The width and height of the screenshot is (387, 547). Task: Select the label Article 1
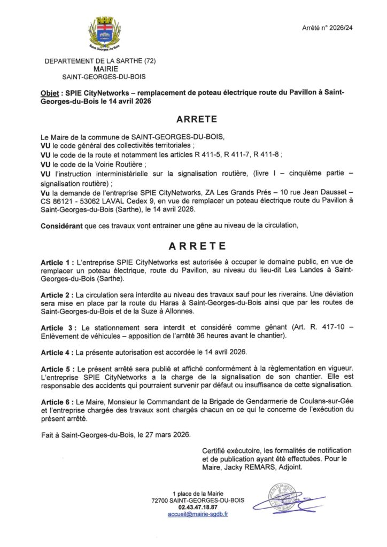[58, 264]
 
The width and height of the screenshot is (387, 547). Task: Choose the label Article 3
[58, 327]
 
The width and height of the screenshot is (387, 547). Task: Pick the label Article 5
[58, 370]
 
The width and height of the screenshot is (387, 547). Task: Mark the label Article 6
[58, 402]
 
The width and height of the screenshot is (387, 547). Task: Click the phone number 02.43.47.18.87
[198, 507]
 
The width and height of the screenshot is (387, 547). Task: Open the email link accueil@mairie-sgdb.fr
[198, 514]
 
